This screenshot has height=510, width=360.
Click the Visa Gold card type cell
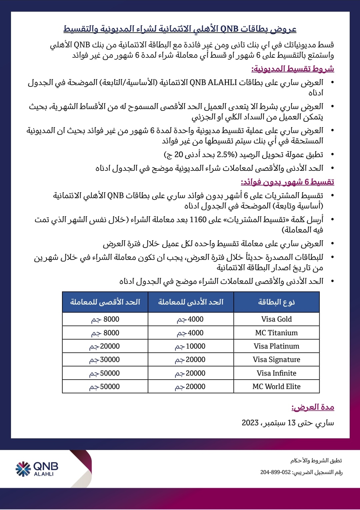(276, 319)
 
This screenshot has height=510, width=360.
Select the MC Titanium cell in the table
(276, 333)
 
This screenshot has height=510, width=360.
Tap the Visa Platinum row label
(276, 346)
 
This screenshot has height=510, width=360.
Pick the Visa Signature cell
(276, 360)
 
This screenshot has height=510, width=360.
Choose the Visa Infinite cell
(276, 373)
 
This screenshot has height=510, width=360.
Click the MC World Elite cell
(276, 387)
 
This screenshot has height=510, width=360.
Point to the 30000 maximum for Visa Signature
(105, 360)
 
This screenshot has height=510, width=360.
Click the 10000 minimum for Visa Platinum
(190, 346)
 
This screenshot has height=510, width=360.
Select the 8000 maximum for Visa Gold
(105, 319)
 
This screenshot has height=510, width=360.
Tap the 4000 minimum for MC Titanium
(190, 333)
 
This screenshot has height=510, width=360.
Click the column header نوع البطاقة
(276, 302)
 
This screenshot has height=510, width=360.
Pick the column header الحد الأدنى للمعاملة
(191, 302)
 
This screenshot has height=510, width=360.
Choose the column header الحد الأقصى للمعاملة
(105, 302)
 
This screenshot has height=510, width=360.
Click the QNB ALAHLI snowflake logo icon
(23, 469)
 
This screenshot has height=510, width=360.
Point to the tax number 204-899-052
(275, 472)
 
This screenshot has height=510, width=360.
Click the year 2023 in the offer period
(250, 423)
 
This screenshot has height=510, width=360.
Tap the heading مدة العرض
(313, 407)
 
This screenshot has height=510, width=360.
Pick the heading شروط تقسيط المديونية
(293, 69)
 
